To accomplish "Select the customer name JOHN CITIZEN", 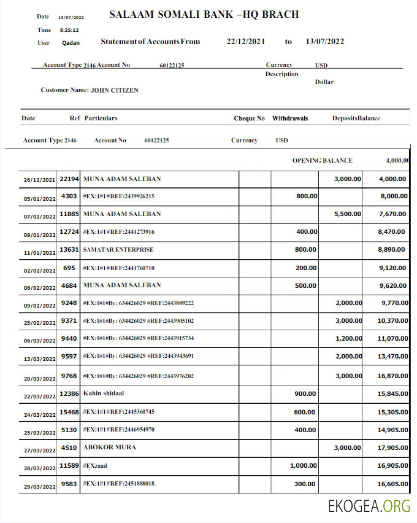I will point(114,90).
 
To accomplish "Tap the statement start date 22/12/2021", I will point(245,42).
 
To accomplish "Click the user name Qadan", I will point(71,43).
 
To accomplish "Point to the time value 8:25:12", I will point(69,30).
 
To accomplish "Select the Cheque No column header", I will point(249,118).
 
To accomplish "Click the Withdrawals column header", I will point(290,118).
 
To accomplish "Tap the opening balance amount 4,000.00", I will point(397,160).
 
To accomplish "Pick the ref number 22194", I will point(69,179).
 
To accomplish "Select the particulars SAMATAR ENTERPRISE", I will point(118,250).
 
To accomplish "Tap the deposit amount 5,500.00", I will point(347,214).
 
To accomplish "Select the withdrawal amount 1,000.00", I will point(303,466).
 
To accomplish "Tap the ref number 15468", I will point(69,412).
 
